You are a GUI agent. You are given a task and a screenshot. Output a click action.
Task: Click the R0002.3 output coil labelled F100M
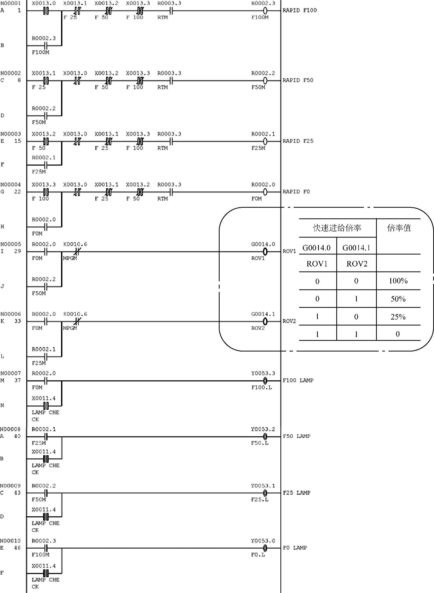[265, 11]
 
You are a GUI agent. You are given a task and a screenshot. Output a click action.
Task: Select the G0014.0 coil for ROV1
[265, 252]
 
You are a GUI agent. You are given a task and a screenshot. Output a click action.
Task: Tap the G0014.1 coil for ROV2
[265, 321]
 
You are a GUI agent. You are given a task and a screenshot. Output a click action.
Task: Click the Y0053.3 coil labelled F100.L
[265, 380]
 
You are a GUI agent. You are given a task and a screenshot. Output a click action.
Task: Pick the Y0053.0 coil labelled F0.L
[265, 548]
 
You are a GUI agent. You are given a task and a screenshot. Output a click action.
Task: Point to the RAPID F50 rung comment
[298, 80]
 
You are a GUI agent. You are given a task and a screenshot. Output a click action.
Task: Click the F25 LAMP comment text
[297, 493]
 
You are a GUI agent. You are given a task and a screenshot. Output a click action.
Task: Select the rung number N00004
[10, 185]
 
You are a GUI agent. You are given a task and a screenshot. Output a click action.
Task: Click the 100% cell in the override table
[398, 281]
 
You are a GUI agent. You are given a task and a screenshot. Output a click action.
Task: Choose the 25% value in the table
[398, 317]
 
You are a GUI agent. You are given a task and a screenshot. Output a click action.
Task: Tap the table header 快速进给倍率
[337, 228]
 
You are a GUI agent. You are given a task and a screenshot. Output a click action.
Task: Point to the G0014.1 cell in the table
[356, 248]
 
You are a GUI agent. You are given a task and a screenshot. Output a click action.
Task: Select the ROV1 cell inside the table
[317, 264]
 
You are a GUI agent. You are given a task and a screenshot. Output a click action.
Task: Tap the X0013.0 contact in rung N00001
[46, 11]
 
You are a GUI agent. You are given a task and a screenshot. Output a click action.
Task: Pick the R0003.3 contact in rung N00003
[171, 141]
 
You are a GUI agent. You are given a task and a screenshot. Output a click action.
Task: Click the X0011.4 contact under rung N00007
[46, 406]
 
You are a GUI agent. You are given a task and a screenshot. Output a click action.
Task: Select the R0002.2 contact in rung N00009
[46, 493]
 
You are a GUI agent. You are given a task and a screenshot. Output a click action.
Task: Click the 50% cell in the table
[398, 299]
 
